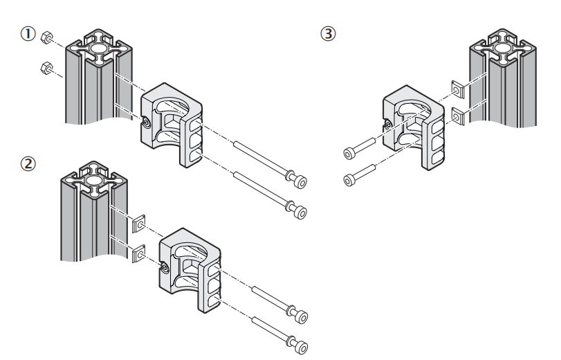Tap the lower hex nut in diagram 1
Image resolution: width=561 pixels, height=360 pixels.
(43, 68)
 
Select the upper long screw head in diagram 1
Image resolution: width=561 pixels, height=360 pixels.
(300, 181)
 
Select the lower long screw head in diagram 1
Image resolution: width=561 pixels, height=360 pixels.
(300, 209)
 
